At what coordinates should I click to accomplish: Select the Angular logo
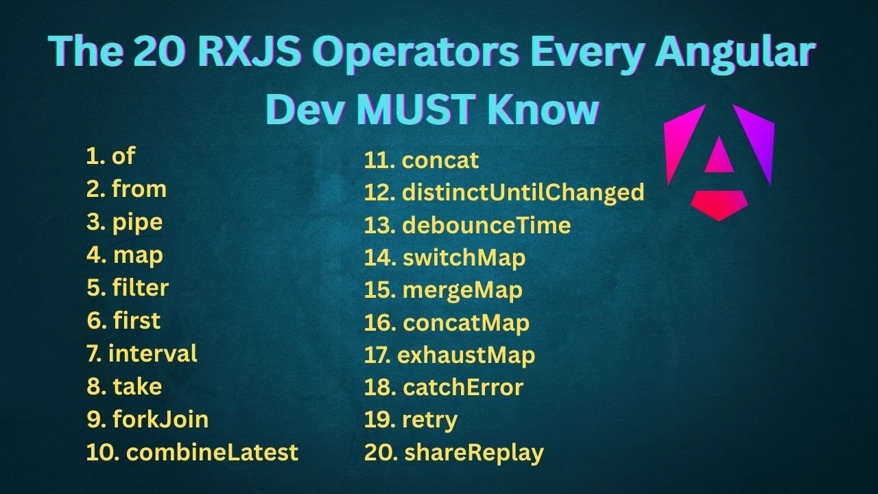pyautogui.click(x=719, y=162)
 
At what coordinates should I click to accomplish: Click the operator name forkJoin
pyautogui.click(x=161, y=419)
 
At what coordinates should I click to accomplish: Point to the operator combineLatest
pyautogui.click(x=213, y=452)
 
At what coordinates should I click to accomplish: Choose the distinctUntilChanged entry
pyautogui.click(x=523, y=192)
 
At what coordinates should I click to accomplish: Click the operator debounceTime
pyautogui.click(x=486, y=225)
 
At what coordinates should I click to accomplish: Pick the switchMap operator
pyautogui.click(x=464, y=258)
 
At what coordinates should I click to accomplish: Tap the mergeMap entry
pyautogui.click(x=462, y=290)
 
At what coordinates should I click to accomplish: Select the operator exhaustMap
pyautogui.click(x=466, y=355)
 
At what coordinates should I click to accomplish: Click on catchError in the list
pyautogui.click(x=462, y=388)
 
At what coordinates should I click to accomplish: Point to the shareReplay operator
pyautogui.click(x=473, y=453)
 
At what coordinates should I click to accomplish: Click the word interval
pyautogui.click(x=153, y=354)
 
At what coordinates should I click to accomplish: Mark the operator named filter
pyautogui.click(x=140, y=287)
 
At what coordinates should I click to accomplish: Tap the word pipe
pyautogui.click(x=137, y=222)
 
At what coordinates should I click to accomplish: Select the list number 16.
pyautogui.click(x=379, y=323)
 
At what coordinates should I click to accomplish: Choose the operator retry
pyautogui.click(x=429, y=420)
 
